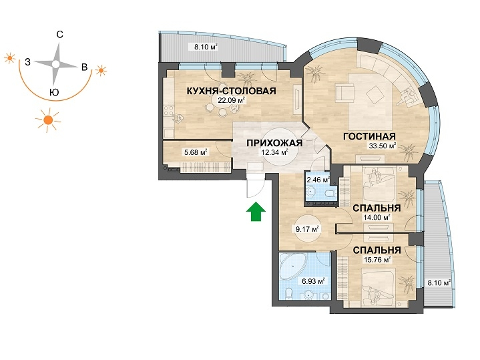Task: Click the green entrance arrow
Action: click(x=256, y=212)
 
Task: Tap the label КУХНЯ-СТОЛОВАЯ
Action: click(x=231, y=91)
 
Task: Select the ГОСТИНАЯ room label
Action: click(x=369, y=136)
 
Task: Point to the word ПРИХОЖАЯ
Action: click(x=274, y=143)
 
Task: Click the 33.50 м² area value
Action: click(x=383, y=146)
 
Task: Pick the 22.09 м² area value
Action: click(x=231, y=100)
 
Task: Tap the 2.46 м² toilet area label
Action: click(x=318, y=180)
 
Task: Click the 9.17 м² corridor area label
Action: click(x=308, y=229)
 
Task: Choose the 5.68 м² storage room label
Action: click(x=196, y=152)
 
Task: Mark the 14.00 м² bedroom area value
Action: click(x=377, y=218)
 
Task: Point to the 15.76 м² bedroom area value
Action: click(x=377, y=260)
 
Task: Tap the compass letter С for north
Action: click(x=60, y=35)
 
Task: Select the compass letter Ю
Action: click(x=54, y=92)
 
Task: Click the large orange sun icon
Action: click(x=48, y=120)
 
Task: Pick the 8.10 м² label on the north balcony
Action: click(x=206, y=47)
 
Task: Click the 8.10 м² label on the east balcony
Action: click(x=439, y=283)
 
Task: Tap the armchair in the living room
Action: click(x=344, y=92)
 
